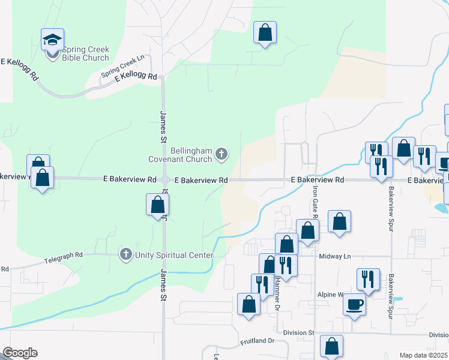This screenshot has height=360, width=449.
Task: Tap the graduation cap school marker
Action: click(52, 41)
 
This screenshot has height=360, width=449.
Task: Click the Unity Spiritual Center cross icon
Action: click(126, 254)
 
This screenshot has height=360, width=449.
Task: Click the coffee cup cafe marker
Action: click(354, 304)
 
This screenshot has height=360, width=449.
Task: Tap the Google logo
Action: click(20, 353)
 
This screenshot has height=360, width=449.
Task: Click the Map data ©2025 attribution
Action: click(423, 355)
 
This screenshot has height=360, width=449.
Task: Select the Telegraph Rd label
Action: click(63, 259)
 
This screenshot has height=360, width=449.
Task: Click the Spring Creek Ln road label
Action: click(123, 66)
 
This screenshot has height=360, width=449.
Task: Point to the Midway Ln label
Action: click(335, 256)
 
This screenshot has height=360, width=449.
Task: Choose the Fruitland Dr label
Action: click(257, 341)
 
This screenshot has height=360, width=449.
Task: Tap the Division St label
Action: click(303, 332)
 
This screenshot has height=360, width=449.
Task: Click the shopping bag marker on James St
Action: click(157, 205)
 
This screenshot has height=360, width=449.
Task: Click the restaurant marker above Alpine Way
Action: click(368, 279)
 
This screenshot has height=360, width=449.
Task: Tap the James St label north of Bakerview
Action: click(163, 126)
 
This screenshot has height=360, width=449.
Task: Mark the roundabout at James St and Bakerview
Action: click(165, 180)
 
